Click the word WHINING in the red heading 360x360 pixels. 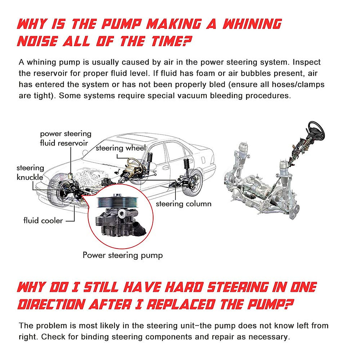(x=252, y=24)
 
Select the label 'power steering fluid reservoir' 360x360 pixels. (x=65, y=138)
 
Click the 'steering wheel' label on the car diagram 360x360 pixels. (x=120, y=148)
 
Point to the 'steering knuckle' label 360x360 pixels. (x=30, y=172)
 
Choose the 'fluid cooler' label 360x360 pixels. (x=43, y=220)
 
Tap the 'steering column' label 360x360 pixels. (x=183, y=204)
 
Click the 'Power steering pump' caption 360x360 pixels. (x=123, y=255)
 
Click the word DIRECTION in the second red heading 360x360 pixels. (x=51, y=304)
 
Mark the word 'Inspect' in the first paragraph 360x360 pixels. (x=306, y=62)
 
